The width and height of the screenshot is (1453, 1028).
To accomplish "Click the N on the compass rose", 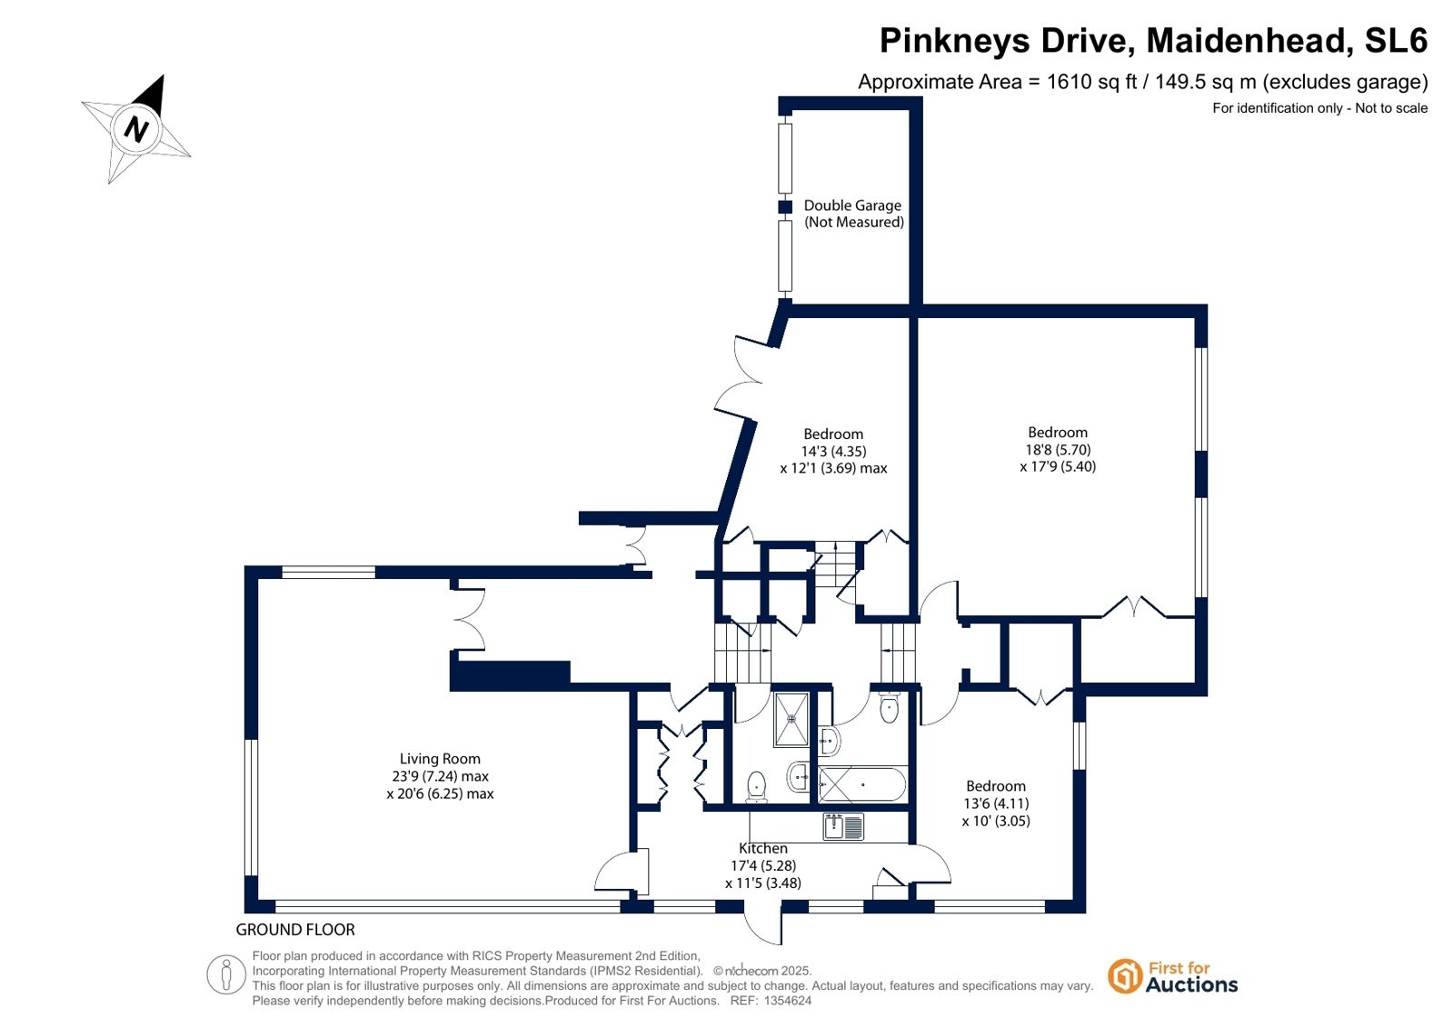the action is [x=136, y=129].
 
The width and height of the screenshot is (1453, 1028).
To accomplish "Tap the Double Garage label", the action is [x=853, y=205].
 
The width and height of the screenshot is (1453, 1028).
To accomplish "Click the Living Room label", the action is [x=440, y=759].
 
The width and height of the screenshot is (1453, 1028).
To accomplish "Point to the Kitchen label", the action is [x=762, y=848].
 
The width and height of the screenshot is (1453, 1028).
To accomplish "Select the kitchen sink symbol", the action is [x=843, y=827].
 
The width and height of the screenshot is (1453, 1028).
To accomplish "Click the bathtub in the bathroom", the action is [x=862, y=784].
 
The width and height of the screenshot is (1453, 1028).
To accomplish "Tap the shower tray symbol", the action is [x=791, y=719].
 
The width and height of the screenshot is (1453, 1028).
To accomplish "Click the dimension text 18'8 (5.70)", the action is [x=1058, y=450].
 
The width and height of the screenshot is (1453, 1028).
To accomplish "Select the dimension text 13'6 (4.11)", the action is [x=996, y=803].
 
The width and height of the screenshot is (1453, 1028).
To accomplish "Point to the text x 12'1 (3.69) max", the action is [x=833, y=468].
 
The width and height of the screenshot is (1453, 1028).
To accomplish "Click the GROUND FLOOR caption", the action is [x=295, y=930].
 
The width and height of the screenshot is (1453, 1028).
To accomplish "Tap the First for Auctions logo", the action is [x=1172, y=977].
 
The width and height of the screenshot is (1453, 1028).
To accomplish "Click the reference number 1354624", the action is [x=788, y=1001].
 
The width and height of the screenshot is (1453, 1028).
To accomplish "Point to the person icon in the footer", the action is [x=225, y=974].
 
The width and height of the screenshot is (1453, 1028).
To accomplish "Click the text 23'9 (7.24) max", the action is [x=440, y=776].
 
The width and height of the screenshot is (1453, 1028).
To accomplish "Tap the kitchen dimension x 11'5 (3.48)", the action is [x=762, y=883].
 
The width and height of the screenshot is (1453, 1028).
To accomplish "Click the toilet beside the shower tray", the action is [x=756, y=786].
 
